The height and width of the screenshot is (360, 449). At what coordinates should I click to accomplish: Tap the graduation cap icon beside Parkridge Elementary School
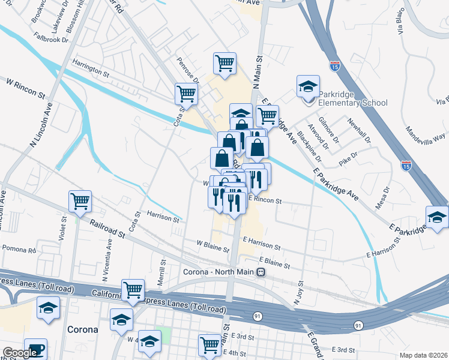(308, 86)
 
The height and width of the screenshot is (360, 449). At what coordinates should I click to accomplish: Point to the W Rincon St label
(26, 88)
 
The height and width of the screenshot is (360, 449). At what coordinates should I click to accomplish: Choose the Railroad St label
(108, 229)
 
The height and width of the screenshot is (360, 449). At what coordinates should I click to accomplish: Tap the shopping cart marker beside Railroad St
(80, 202)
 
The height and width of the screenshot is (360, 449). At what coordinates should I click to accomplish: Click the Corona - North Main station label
(219, 272)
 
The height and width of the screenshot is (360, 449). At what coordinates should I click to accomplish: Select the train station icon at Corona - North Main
(261, 272)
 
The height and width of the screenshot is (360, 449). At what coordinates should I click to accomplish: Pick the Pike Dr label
(348, 158)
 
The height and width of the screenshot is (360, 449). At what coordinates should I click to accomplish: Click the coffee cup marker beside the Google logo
(36, 351)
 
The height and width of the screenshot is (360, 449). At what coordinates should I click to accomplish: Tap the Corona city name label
(82, 329)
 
